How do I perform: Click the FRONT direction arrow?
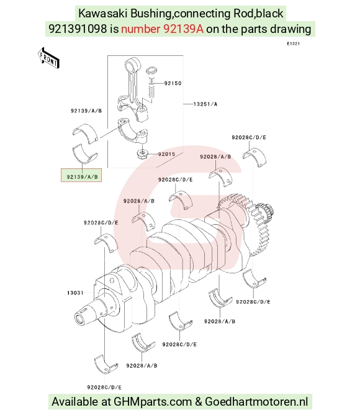click(48, 58)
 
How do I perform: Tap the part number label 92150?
click(173, 83)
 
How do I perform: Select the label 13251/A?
click(205, 104)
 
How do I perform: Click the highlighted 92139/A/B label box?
click(81, 175)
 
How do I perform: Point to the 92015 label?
click(166, 154)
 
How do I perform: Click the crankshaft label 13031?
click(75, 293)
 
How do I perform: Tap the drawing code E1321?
click(294, 43)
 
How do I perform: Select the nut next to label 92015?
click(142, 154)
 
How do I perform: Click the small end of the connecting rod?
click(133, 65)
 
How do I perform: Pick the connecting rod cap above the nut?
click(133, 131)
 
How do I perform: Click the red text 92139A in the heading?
click(184, 29)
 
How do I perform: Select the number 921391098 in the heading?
click(78, 29)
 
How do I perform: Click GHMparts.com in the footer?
click(153, 401)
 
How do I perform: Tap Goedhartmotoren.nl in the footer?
click(256, 401)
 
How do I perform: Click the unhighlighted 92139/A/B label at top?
click(86, 111)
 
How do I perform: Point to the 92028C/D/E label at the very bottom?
click(104, 388)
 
